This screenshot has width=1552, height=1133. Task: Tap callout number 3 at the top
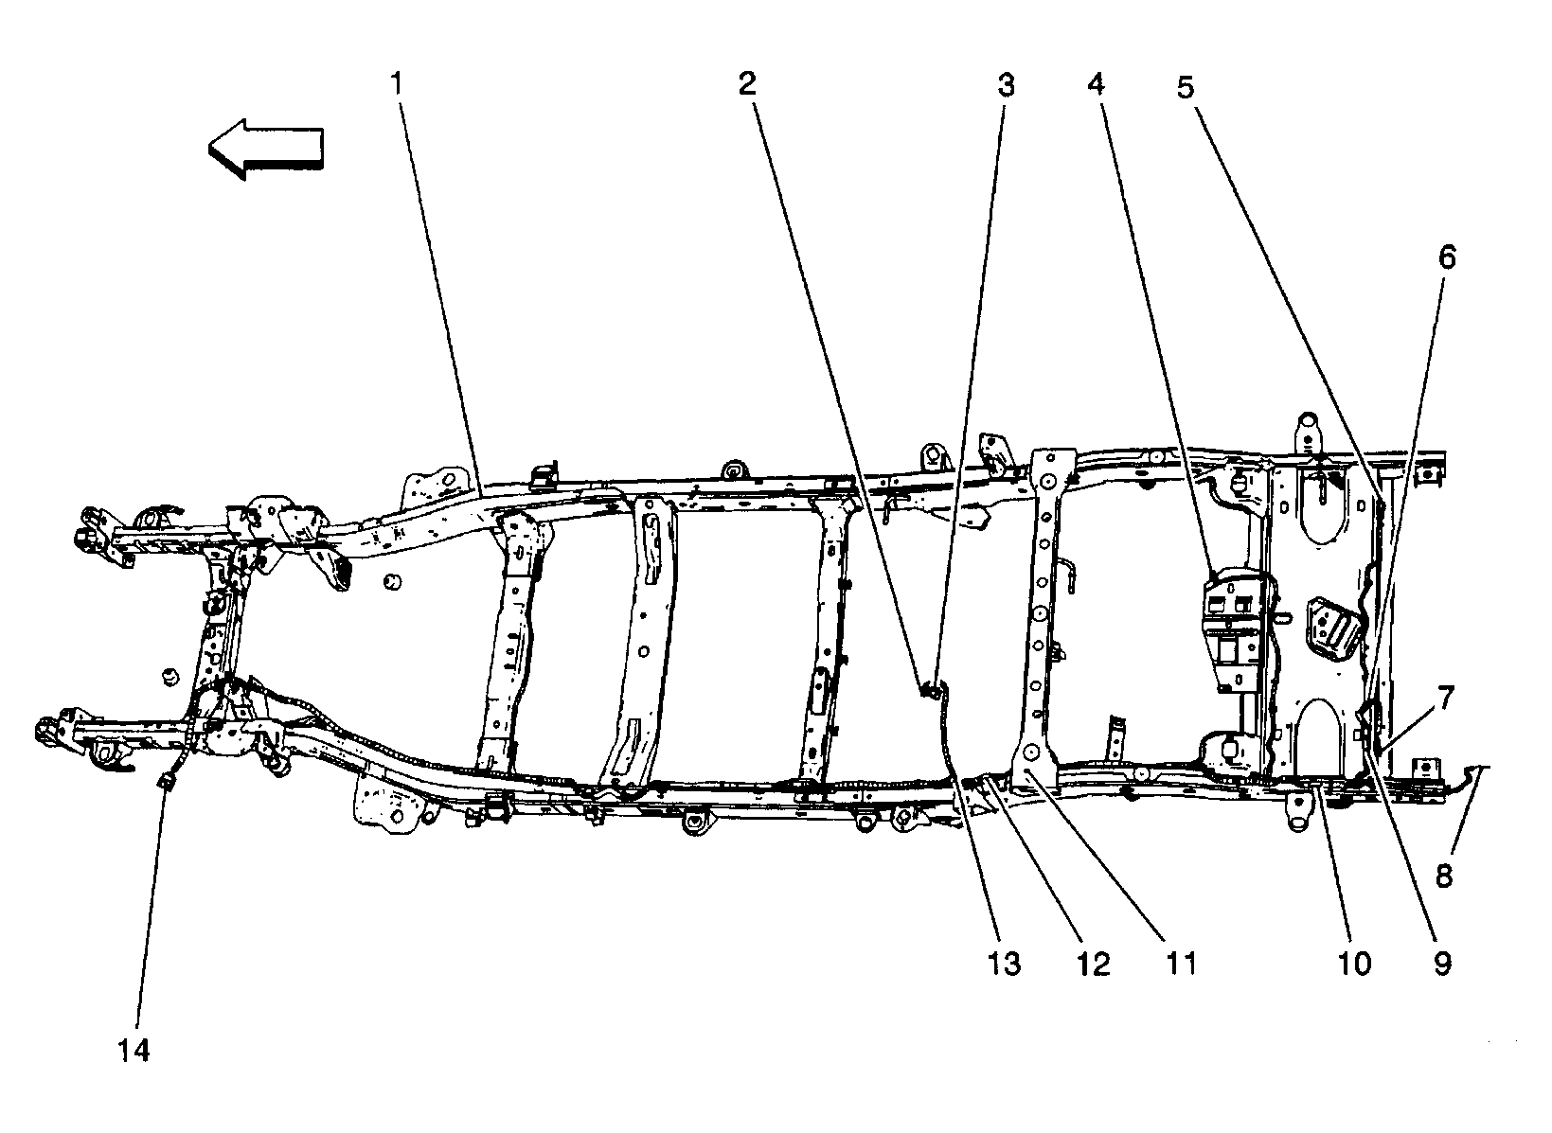(1005, 85)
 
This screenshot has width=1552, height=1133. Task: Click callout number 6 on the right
(1447, 257)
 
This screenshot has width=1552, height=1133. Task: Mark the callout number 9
(1441, 964)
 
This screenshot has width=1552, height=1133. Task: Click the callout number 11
(1179, 964)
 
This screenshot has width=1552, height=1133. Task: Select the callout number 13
(1004, 964)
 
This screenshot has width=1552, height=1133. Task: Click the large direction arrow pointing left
(266, 148)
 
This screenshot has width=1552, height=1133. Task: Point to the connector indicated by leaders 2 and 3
(930, 688)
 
